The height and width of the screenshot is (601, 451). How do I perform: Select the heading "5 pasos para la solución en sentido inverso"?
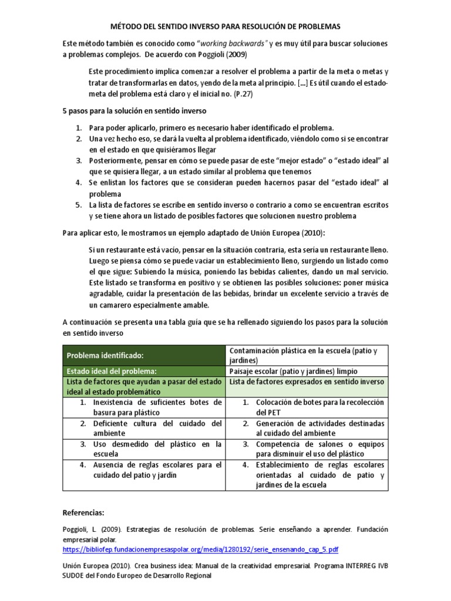134,111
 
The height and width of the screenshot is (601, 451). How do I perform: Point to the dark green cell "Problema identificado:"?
105,355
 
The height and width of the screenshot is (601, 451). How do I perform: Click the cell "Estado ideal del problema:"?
111,371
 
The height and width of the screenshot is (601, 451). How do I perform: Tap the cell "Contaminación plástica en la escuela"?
302,355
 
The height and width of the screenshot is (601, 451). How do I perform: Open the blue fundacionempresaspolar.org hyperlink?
200,549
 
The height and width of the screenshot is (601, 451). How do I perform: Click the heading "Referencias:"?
87,512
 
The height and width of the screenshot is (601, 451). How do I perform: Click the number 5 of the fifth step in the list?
78,205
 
